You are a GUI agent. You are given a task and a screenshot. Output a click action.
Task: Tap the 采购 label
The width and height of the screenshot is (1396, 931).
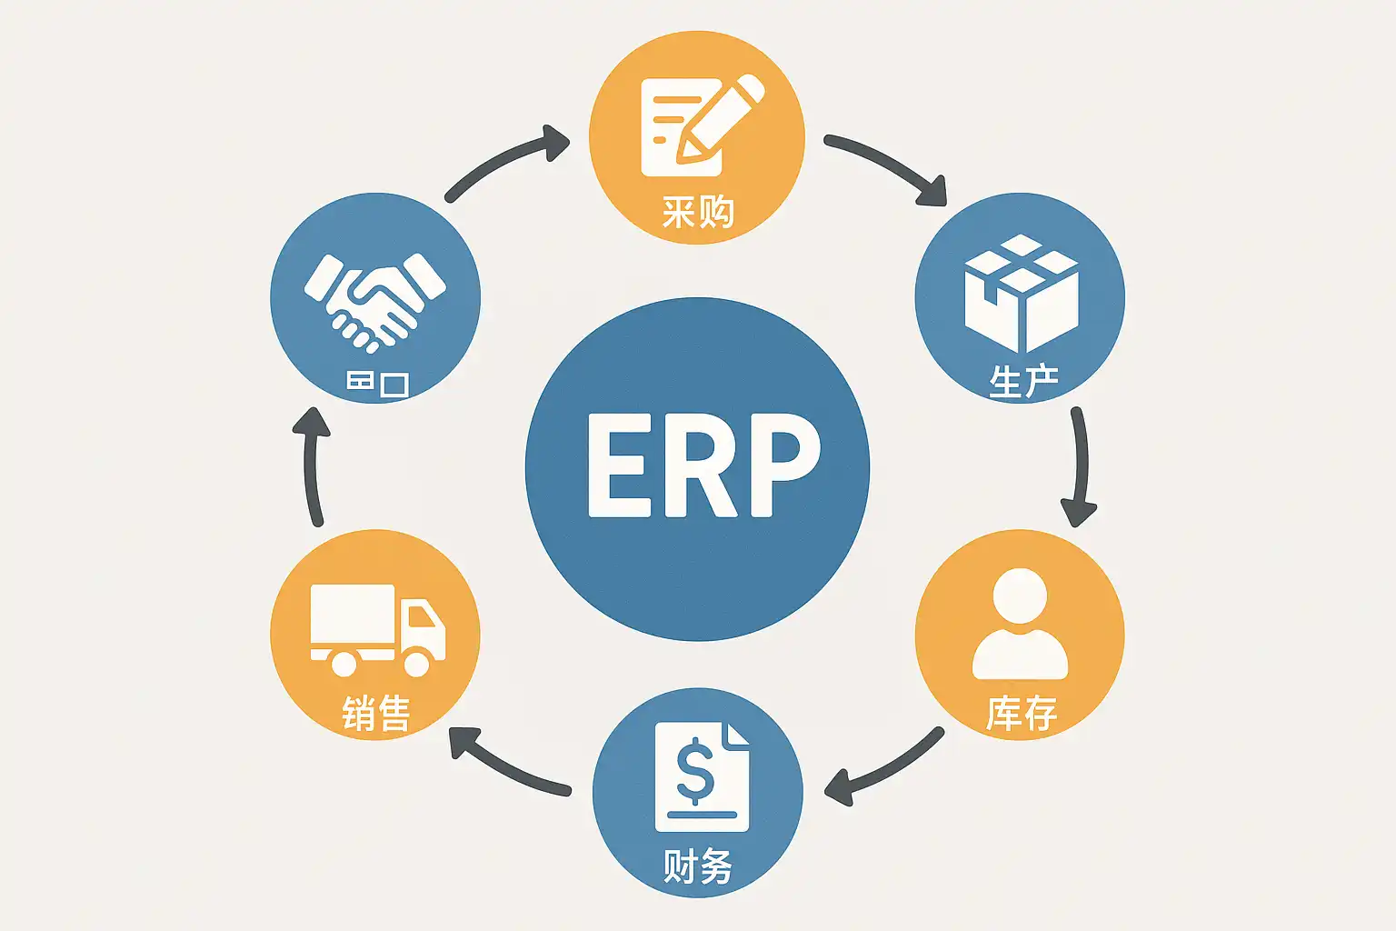click(697, 213)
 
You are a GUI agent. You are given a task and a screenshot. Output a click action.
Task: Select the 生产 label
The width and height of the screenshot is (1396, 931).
click(1023, 381)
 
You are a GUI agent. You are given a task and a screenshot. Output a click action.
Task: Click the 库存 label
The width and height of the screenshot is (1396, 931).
click(1022, 713)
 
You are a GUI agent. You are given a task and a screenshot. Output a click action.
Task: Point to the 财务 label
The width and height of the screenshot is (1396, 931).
click(697, 866)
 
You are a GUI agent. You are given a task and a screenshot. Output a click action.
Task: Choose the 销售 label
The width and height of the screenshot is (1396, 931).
click(376, 713)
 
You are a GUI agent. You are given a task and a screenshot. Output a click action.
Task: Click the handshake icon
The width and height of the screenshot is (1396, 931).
click(374, 301)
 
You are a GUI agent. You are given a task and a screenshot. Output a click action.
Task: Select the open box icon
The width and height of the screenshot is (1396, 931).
click(1021, 293)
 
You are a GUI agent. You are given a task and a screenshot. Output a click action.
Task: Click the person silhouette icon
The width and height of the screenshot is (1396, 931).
click(1020, 625)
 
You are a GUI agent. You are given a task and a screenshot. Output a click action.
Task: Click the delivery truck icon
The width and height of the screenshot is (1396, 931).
click(377, 629)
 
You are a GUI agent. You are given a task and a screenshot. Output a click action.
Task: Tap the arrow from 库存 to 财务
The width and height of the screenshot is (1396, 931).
click(883, 768)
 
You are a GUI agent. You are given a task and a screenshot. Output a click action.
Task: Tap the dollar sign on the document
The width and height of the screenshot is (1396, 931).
click(695, 769)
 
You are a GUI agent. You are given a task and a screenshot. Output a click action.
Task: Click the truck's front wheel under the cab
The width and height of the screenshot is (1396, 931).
click(417, 663)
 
